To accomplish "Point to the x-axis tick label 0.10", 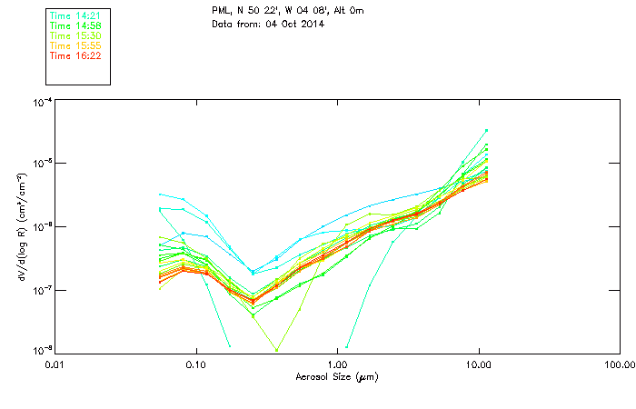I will (x=195, y=365).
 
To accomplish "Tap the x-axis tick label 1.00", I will (x=337, y=365).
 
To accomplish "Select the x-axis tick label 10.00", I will (x=478, y=365).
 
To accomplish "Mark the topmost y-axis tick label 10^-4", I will (x=42, y=103).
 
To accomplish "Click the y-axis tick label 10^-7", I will (x=42, y=289).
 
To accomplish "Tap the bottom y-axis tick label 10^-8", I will (x=42, y=350).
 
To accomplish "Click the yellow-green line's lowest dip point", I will (x=276, y=350).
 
